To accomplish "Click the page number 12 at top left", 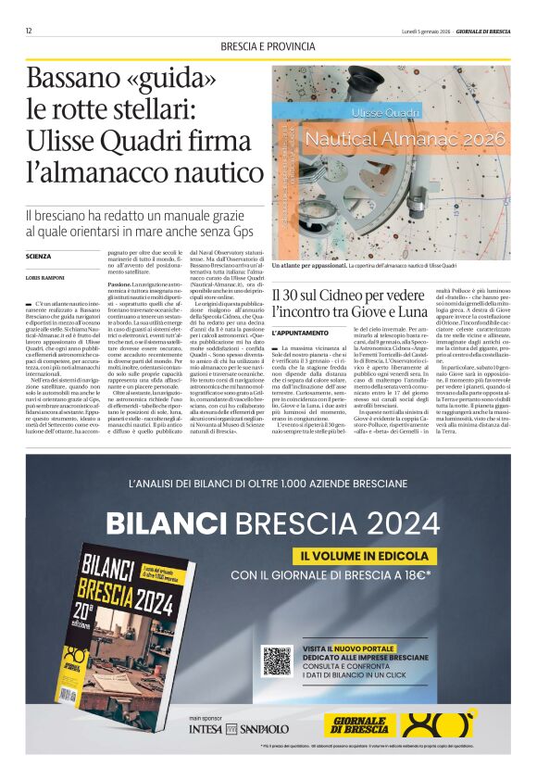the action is pos(30,31).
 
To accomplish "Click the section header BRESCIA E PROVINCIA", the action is pos(268,47).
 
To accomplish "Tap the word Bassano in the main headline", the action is pos(69,80).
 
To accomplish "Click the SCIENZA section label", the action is pos(39,256).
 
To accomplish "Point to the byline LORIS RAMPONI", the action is pos(44,278).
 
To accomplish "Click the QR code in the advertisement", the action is pos(277,660).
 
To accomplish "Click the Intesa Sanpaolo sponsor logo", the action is pos(240,729).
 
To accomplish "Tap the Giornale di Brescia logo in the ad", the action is pos(360,724).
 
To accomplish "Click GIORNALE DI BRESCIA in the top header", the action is pos(480,31).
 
